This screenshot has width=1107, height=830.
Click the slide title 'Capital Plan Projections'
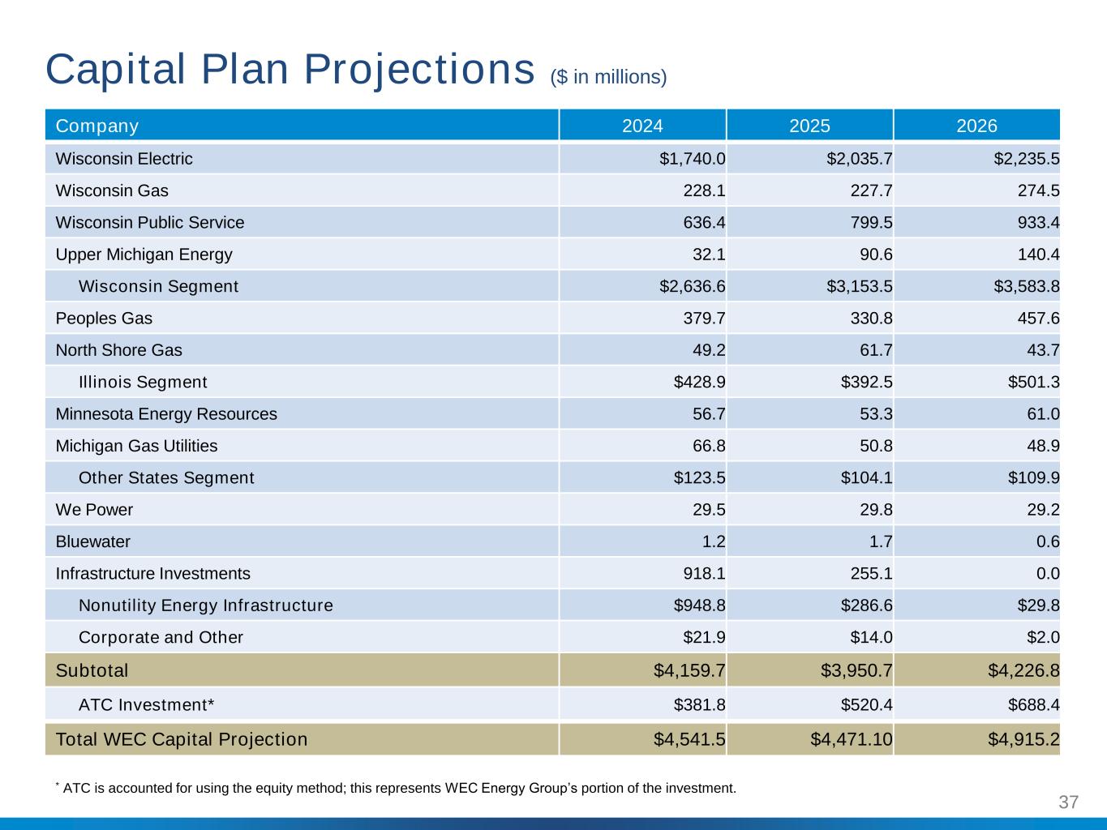(x=289, y=69)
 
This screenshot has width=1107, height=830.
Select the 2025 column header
(x=809, y=126)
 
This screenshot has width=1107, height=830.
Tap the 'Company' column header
(x=97, y=126)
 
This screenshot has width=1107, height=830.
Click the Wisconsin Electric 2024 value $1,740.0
(x=692, y=159)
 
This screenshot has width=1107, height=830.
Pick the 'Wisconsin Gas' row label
(x=112, y=190)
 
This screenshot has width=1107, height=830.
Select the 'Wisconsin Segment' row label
(x=158, y=286)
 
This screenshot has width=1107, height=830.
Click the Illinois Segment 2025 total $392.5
(x=867, y=382)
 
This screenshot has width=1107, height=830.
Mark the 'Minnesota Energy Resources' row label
(x=166, y=414)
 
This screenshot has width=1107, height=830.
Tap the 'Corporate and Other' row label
(x=161, y=637)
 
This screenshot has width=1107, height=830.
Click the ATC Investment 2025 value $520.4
(x=867, y=704)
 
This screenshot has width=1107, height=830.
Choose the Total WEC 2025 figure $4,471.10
(x=852, y=739)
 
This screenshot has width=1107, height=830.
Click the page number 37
(x=1069, y=802)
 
